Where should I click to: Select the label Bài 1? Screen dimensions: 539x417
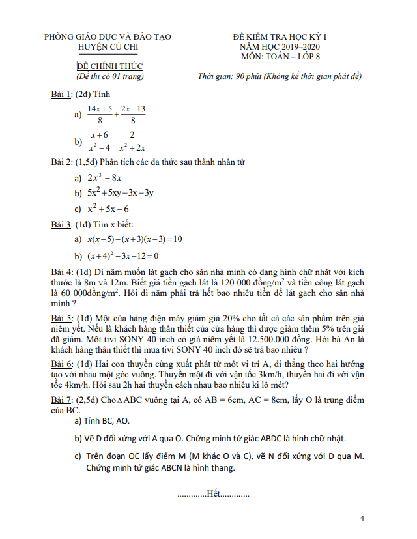coord(61,95)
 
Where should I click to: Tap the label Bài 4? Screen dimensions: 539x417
coord(61,271)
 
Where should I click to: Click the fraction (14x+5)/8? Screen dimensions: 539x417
coord(100,114)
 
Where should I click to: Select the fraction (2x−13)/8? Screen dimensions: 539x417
coord(133,114)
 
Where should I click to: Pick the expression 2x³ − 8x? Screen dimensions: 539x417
coord(105,177)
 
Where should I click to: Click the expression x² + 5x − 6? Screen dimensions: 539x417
coord(108,209)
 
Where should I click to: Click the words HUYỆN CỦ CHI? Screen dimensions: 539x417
coord(108,47)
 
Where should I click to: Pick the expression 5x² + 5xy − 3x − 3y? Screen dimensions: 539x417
coord(121,193)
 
